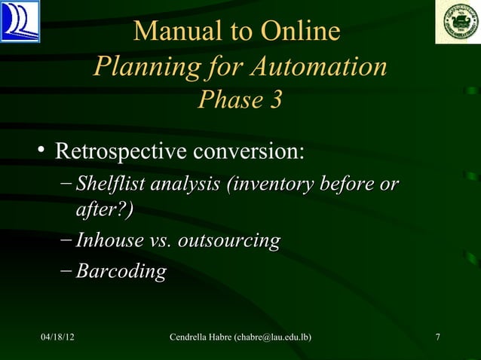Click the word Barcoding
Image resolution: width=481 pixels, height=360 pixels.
[121, 271]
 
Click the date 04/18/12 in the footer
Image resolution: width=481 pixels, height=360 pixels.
[57, 336]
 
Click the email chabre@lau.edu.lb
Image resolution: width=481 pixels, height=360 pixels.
[274, 336]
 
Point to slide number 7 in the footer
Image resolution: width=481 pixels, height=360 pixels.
[438, 336]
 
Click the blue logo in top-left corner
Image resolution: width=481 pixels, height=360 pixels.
[20, 21]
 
